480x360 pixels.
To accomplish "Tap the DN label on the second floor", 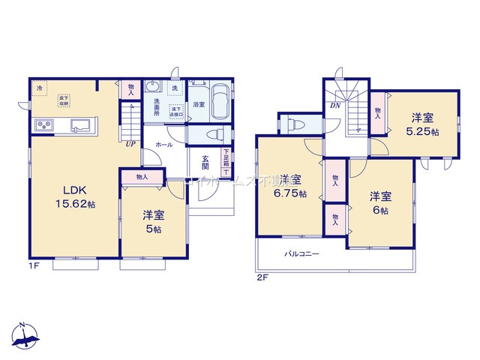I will click(334, 106).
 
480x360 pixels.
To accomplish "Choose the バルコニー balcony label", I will click(302, 254).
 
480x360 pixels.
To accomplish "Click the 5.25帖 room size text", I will click(424, 131).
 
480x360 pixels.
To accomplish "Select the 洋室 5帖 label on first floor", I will click(154, 222).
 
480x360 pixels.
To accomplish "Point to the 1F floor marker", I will click(34, 264).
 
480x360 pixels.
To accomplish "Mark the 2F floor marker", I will click(262, 277).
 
